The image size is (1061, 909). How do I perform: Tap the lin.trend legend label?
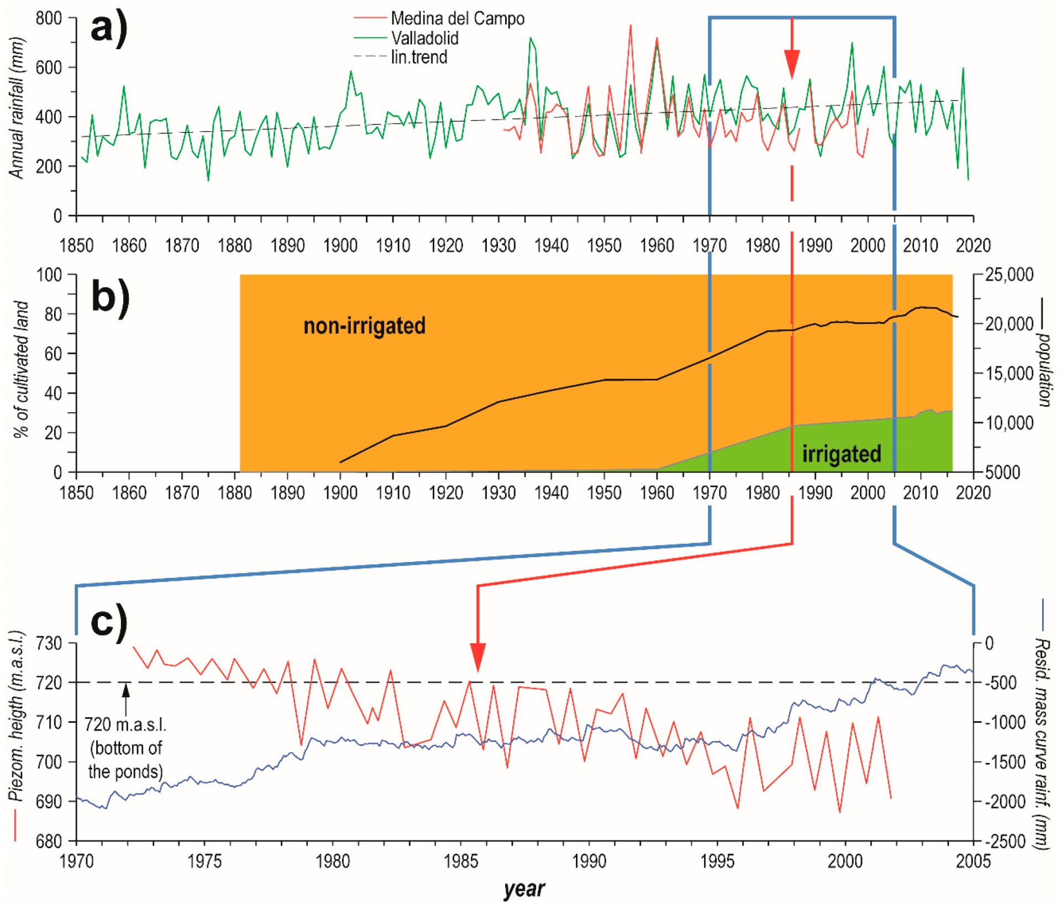point(419,57)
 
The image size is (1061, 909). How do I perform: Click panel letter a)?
point(109,28)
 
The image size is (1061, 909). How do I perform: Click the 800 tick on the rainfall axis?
point(49,18)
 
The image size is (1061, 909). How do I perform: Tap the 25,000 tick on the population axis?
point(1009,275)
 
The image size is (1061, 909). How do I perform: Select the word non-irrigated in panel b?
point(364,325)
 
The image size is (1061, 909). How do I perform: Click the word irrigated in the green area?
point(842,454)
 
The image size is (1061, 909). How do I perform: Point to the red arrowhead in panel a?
point(792,64)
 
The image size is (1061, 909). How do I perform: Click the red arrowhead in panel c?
point(477,658)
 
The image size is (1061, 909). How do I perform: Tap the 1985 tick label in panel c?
point(461,861)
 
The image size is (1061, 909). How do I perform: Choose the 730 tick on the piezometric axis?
point(49,643)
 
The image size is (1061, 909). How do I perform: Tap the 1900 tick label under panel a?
point(340,245)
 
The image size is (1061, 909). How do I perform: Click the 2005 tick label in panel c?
point(973,861)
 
